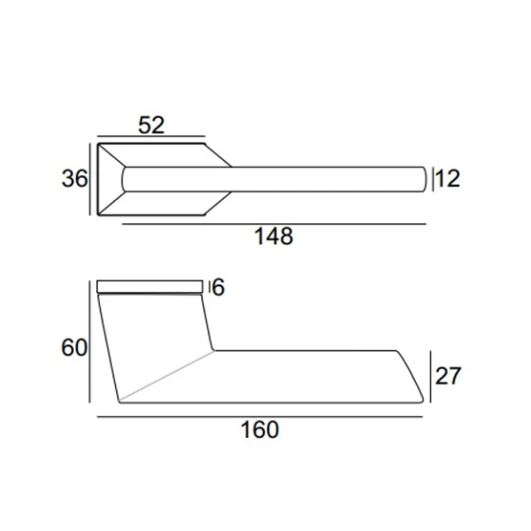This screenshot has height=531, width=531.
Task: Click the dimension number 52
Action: (151, 125)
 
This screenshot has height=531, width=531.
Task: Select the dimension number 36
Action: (74, 179)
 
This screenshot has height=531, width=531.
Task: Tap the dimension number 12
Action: (448, 179)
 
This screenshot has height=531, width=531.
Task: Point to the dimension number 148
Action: (273, 236)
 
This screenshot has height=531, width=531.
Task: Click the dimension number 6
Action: (219, 287)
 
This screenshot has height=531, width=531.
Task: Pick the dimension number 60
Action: (74, 347)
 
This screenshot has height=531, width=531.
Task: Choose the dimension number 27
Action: (448, 375)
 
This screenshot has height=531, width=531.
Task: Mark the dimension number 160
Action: (259, 430)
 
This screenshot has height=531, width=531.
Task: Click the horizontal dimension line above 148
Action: (274, 224)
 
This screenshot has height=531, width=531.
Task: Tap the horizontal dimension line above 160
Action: (259, 417)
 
